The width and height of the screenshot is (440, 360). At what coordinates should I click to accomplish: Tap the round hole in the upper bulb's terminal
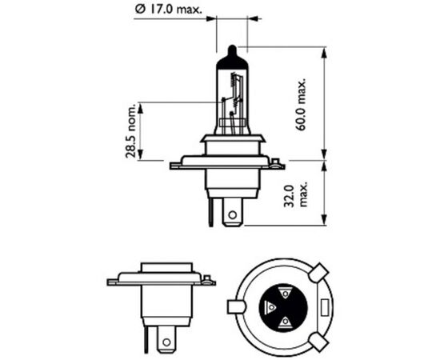[231, 214]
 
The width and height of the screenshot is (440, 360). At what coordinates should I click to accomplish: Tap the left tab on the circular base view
[236, 306]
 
